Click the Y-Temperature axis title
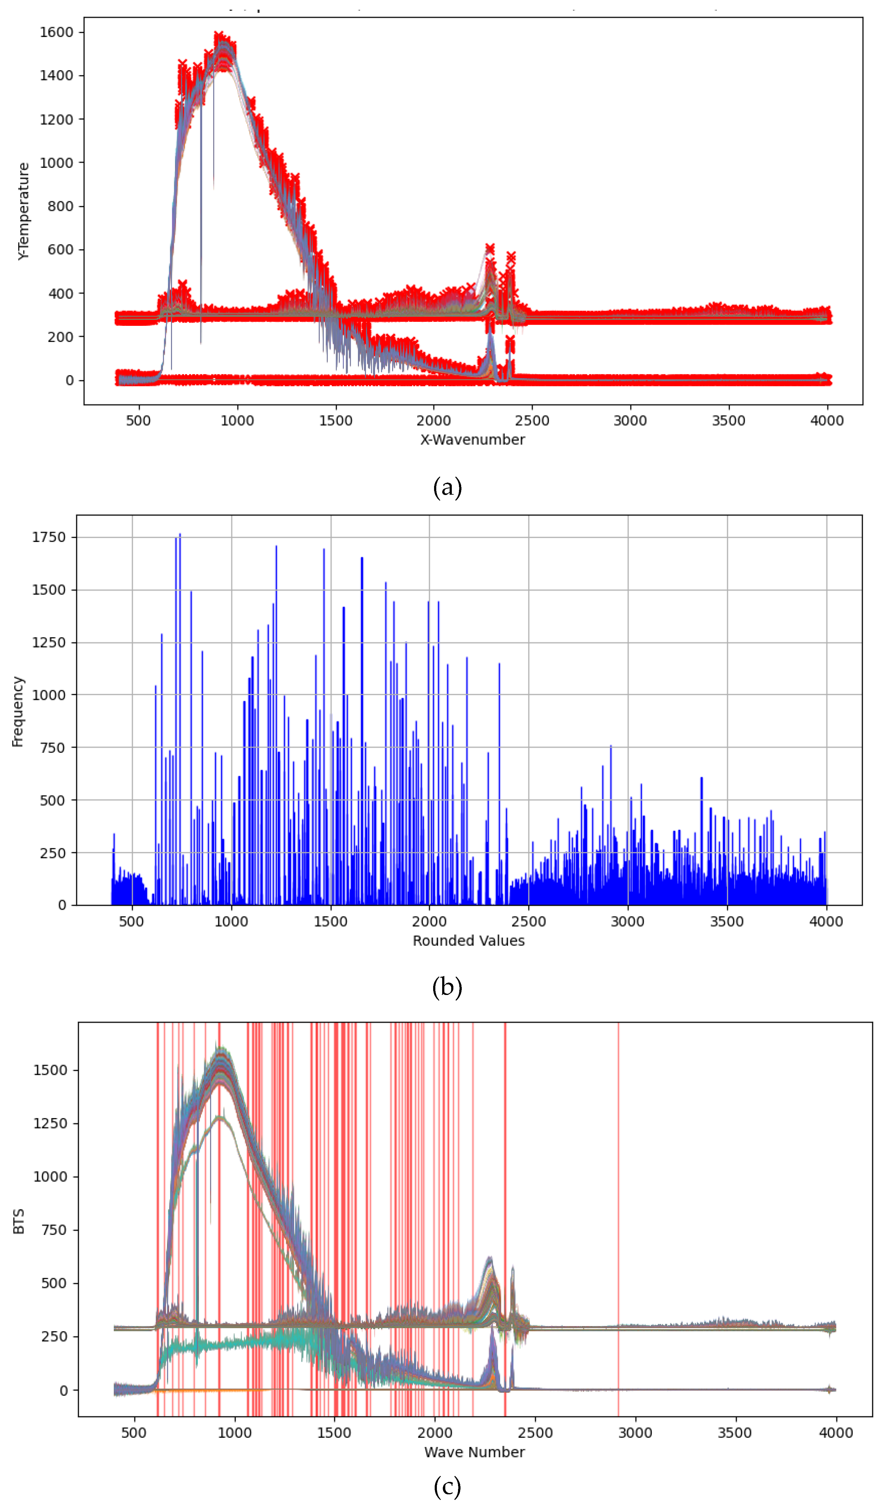click(x=23, y=211)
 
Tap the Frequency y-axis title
click(x=18, y=711)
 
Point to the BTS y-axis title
click(x=19, y=1221)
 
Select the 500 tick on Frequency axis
click(x=53, y=800)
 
